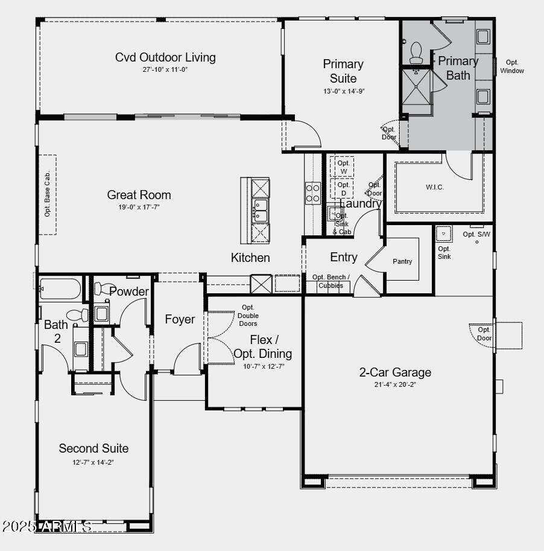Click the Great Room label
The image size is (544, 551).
[139, 195]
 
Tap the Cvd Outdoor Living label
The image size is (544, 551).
[165, 57]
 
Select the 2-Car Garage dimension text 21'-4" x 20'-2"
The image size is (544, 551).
[394, 384]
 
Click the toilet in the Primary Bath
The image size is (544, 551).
[416, 53]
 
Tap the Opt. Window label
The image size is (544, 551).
[512, 66]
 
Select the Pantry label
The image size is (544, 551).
[402, 261]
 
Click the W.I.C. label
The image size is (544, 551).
[435, 187]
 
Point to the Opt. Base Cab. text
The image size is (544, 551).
[48, 194]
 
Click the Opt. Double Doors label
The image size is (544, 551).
[248, 316]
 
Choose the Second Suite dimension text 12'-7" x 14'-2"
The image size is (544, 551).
[93, 462]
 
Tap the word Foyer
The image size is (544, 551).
[180, 319]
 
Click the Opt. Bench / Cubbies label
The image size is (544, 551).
[331, 281]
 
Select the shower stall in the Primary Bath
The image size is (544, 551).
[417, 91]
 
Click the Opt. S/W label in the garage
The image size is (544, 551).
[476, 234]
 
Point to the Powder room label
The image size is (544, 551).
[129, 291]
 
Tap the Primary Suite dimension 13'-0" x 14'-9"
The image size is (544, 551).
[343, 91]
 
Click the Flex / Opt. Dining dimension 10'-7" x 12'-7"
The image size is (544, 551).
[264, 366]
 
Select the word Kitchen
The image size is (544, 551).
[250, 258]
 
